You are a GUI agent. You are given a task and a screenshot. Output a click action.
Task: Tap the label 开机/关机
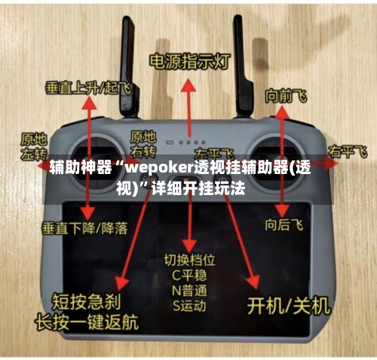point(289,305)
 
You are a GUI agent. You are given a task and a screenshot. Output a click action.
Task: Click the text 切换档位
point(189,259)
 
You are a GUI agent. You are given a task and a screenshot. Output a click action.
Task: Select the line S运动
point(188,306)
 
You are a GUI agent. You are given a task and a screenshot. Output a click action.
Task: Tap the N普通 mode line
point(188,291)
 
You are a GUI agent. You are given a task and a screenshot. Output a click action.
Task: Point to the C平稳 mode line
point(188,275)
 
